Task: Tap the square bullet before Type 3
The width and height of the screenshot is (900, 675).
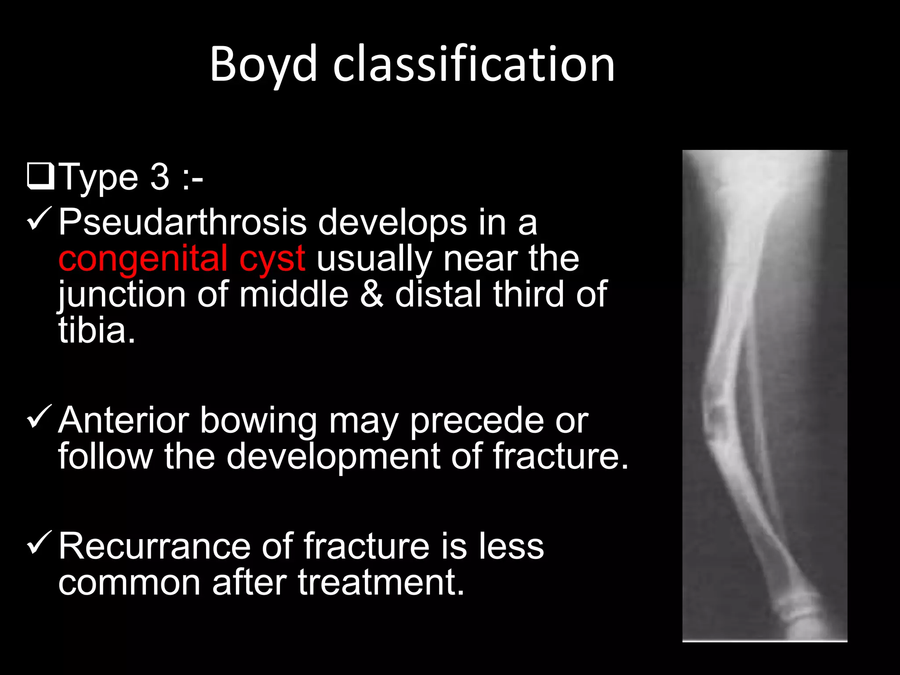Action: (x=40, y=176)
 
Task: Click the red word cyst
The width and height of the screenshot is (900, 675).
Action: (x=272, y=259)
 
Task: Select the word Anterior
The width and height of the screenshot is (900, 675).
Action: (x=123, y=421)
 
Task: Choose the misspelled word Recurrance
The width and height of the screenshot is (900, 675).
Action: (x=154, y=547)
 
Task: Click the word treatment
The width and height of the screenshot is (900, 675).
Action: (x=381, y=582)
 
